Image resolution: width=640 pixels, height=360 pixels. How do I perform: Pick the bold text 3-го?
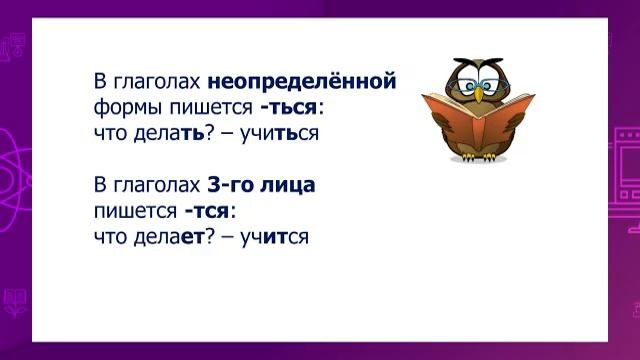point(229,186)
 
